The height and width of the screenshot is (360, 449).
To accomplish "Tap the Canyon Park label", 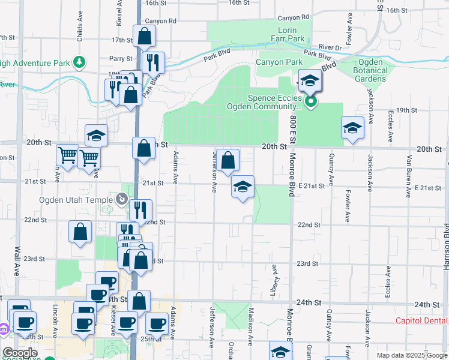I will pyautogui.click(x=280, y=62).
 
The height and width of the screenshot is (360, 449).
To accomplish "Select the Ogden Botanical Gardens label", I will pyautogui.click(x=374, y=70).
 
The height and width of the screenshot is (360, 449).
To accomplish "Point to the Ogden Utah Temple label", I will pyautogui.click(x=76, y=200).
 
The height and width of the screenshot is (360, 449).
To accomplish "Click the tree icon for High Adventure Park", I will pyautogui.click(x=79, y=61).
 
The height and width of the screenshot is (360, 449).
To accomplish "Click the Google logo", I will pyautogui.click(x=20, y=353).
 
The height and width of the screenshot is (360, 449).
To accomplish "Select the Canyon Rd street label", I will pyautogui.click(x=160, y=21).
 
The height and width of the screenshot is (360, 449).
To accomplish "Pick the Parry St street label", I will pyautogui.click(x=121, y=59).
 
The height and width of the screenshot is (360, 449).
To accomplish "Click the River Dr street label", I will pyautogui.click(x=330, y=47).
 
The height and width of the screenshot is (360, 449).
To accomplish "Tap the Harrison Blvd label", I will pyautogui.click(x=445, y=240).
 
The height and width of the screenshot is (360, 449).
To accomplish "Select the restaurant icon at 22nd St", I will pyautogui.click(x=140, y=210).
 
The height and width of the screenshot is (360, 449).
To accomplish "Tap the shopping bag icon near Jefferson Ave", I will pyautogui.click(x=228, y=160).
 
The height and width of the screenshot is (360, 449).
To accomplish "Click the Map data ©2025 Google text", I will pyautogui.click(x=412, y=355).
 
